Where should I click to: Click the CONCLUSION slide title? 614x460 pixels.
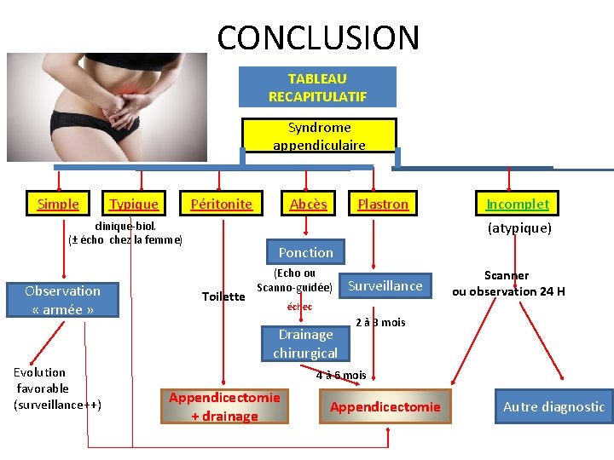pyautogui.click(x=318, y=37)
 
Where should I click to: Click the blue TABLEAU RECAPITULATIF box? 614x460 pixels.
pyautogui.click(x=317, y=87)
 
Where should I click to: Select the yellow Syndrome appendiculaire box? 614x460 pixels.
pyautogui.click(x=319, y=136)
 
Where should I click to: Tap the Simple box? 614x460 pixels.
pyautogui.click(x=58, y=204)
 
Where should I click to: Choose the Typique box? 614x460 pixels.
pyautogui.click(x=134, y=204)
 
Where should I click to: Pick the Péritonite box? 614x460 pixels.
pyautogui.click(x=222, y=204)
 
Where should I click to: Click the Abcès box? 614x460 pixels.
pyautogui.click(x=308, y=204)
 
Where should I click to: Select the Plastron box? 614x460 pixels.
pyautogui.click(x=383, y=204)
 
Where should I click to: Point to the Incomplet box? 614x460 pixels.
pyautogui.click(x=518, y=204)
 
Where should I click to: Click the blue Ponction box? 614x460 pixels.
pyautogui.click(x=305, y=252)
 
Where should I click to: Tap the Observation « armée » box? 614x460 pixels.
pyautogui.click(x=62, y=300)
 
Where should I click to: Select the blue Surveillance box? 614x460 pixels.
pyautogui.click(x=385, y=286)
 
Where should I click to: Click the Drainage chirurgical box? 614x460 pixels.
pyautogui.click(x=305, y=343)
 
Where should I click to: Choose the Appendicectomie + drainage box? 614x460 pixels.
pyautogui.click(x=224, y=405)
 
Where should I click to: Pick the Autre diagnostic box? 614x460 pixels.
pyautogui.click(x=553, y=406)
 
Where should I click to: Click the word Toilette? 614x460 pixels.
pyautogui.click(x=223, y=296)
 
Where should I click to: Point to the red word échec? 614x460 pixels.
pyautogui.click(x=299, y=307)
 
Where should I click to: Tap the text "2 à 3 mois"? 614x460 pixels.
pyautogui.click(x=380, y=322)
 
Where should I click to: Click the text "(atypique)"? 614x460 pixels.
pyautogui.click(x=519, y=228)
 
